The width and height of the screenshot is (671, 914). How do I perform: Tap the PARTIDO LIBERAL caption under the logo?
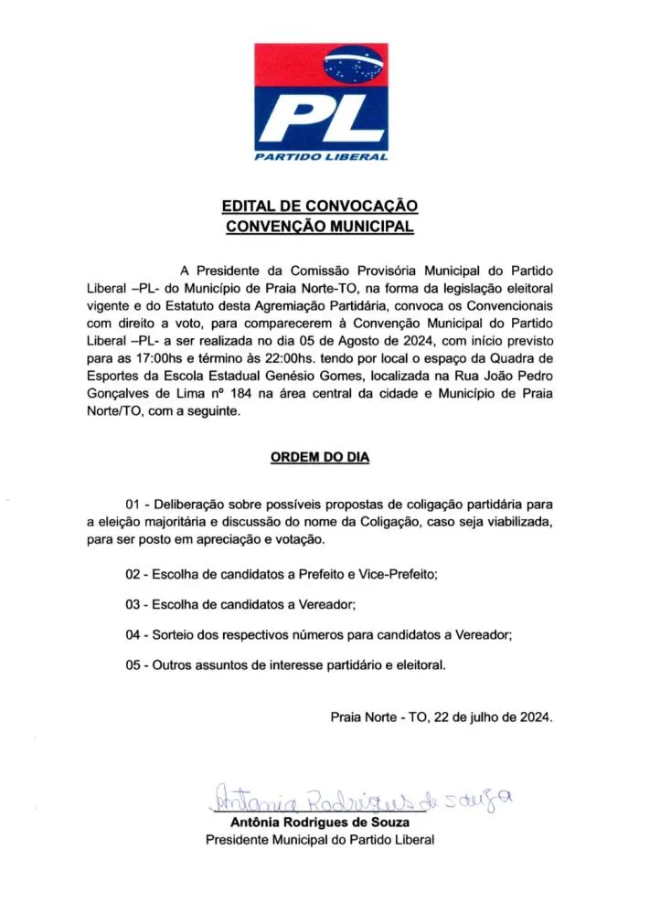tap(321, 157)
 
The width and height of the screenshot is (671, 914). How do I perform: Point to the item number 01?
tap(134, 504)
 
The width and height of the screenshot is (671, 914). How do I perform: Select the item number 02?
tap(134, 575)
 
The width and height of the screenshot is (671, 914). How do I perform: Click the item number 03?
tap(134, 605)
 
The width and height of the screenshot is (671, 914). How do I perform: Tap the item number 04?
tap(134, 635)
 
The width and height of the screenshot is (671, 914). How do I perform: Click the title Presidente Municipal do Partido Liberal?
tap(319, 839)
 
